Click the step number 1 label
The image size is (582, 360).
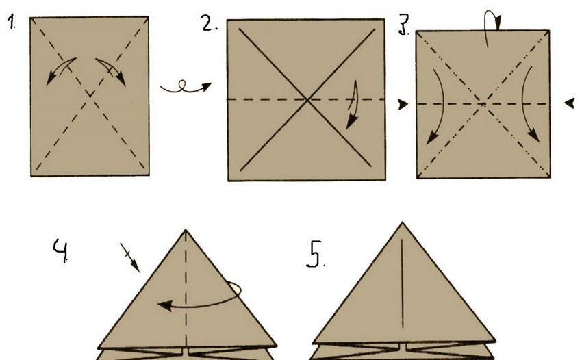(x=12, y=22)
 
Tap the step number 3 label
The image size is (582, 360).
(x=404, y=25)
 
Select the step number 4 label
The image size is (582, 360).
(x=61, y=250)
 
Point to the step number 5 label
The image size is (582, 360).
(x=316, y=254)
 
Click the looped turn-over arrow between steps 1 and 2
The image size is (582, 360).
(x=186, y=87)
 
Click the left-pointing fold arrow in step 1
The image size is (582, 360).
(x=60, y=70)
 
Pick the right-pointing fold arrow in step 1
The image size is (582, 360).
(x=112, y=70)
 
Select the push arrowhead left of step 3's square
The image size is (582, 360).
(x=403, y=104)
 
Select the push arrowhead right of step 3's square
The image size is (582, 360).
(x=570, y=103)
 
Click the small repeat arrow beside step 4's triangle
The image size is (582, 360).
(x=130, y=257)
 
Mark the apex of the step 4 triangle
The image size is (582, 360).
(x=186, y=230)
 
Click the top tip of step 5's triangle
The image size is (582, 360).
(x=403, y=222)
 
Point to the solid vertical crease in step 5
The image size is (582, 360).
(x=403, y=284)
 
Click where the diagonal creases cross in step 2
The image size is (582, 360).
(x=307, y=99)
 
